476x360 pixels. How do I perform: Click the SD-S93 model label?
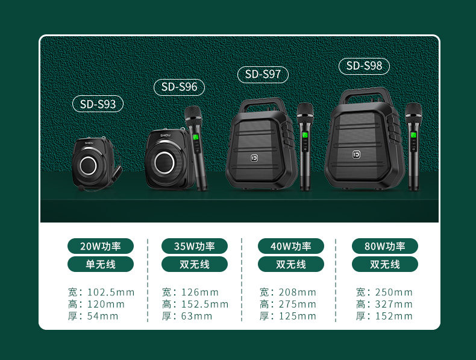98,104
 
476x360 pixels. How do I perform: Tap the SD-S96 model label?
179,87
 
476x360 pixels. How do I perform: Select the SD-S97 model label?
263,74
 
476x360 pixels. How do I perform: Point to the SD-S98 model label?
364,66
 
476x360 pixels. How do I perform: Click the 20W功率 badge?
101,246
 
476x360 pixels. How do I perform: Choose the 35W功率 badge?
195,246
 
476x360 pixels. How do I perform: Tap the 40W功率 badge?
291,246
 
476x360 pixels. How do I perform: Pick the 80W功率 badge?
385,246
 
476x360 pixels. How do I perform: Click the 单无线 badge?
101,264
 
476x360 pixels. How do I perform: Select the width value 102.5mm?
111,292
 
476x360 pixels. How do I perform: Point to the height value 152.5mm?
205,304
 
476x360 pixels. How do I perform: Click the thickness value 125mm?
298,316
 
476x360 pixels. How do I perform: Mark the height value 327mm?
393,304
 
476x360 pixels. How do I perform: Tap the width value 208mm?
298,292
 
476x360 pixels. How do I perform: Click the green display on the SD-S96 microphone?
196,137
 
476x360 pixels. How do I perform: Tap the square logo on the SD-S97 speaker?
254,158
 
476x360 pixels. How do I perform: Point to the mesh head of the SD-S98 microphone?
413,110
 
